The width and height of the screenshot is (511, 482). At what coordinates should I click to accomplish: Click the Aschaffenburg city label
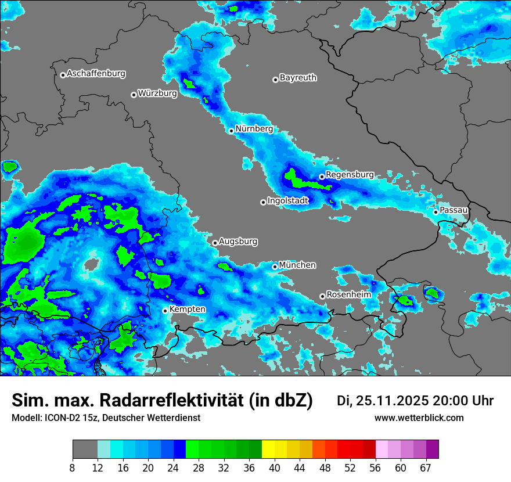click(x=96, y=74)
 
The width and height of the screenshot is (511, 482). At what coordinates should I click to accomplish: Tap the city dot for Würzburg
click(x=134, y=95)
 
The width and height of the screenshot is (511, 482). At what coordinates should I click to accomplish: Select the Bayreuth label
click(x=298, y=77)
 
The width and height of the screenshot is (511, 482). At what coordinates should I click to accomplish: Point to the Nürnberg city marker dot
click(x=231, y=131)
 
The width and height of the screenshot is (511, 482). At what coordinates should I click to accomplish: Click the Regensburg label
click(x=350, y=174)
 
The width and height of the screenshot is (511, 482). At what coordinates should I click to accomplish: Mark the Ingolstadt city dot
click(x=263, y=202)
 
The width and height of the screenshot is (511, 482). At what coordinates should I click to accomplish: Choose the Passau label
click(x=454, y=210)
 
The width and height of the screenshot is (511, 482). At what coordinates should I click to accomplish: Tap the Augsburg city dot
click(x=215, y=243)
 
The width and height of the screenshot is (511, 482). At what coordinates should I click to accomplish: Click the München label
click(x=297, y=265)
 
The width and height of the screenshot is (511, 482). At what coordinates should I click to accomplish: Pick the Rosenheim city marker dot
click(x=322, y=297)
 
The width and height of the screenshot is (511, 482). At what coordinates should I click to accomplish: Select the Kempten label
click(x=187, y=309)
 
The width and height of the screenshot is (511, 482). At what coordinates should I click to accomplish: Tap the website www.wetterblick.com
click(x=419, y=418)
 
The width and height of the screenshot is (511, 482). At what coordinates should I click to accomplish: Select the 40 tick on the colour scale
click(x=275, y=467)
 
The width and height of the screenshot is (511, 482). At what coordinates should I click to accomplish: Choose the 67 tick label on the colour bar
click(x=426, y=467)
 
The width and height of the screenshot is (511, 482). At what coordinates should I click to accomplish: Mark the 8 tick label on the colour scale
click(x=73, y=467)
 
